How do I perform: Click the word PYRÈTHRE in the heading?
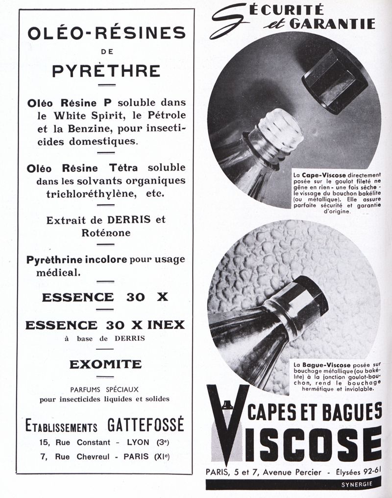click(x=106, y=71)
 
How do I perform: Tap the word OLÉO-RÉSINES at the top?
click(x=106, y=33)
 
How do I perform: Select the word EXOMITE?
click(x=105, y=364)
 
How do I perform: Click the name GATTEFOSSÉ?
click(x=146, y=425)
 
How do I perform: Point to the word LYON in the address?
click(x=138, y=442)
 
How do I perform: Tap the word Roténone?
click(x=106, y=233)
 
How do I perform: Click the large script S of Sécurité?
click(x=229, y=21)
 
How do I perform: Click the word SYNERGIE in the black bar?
click(x=356, y=484)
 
